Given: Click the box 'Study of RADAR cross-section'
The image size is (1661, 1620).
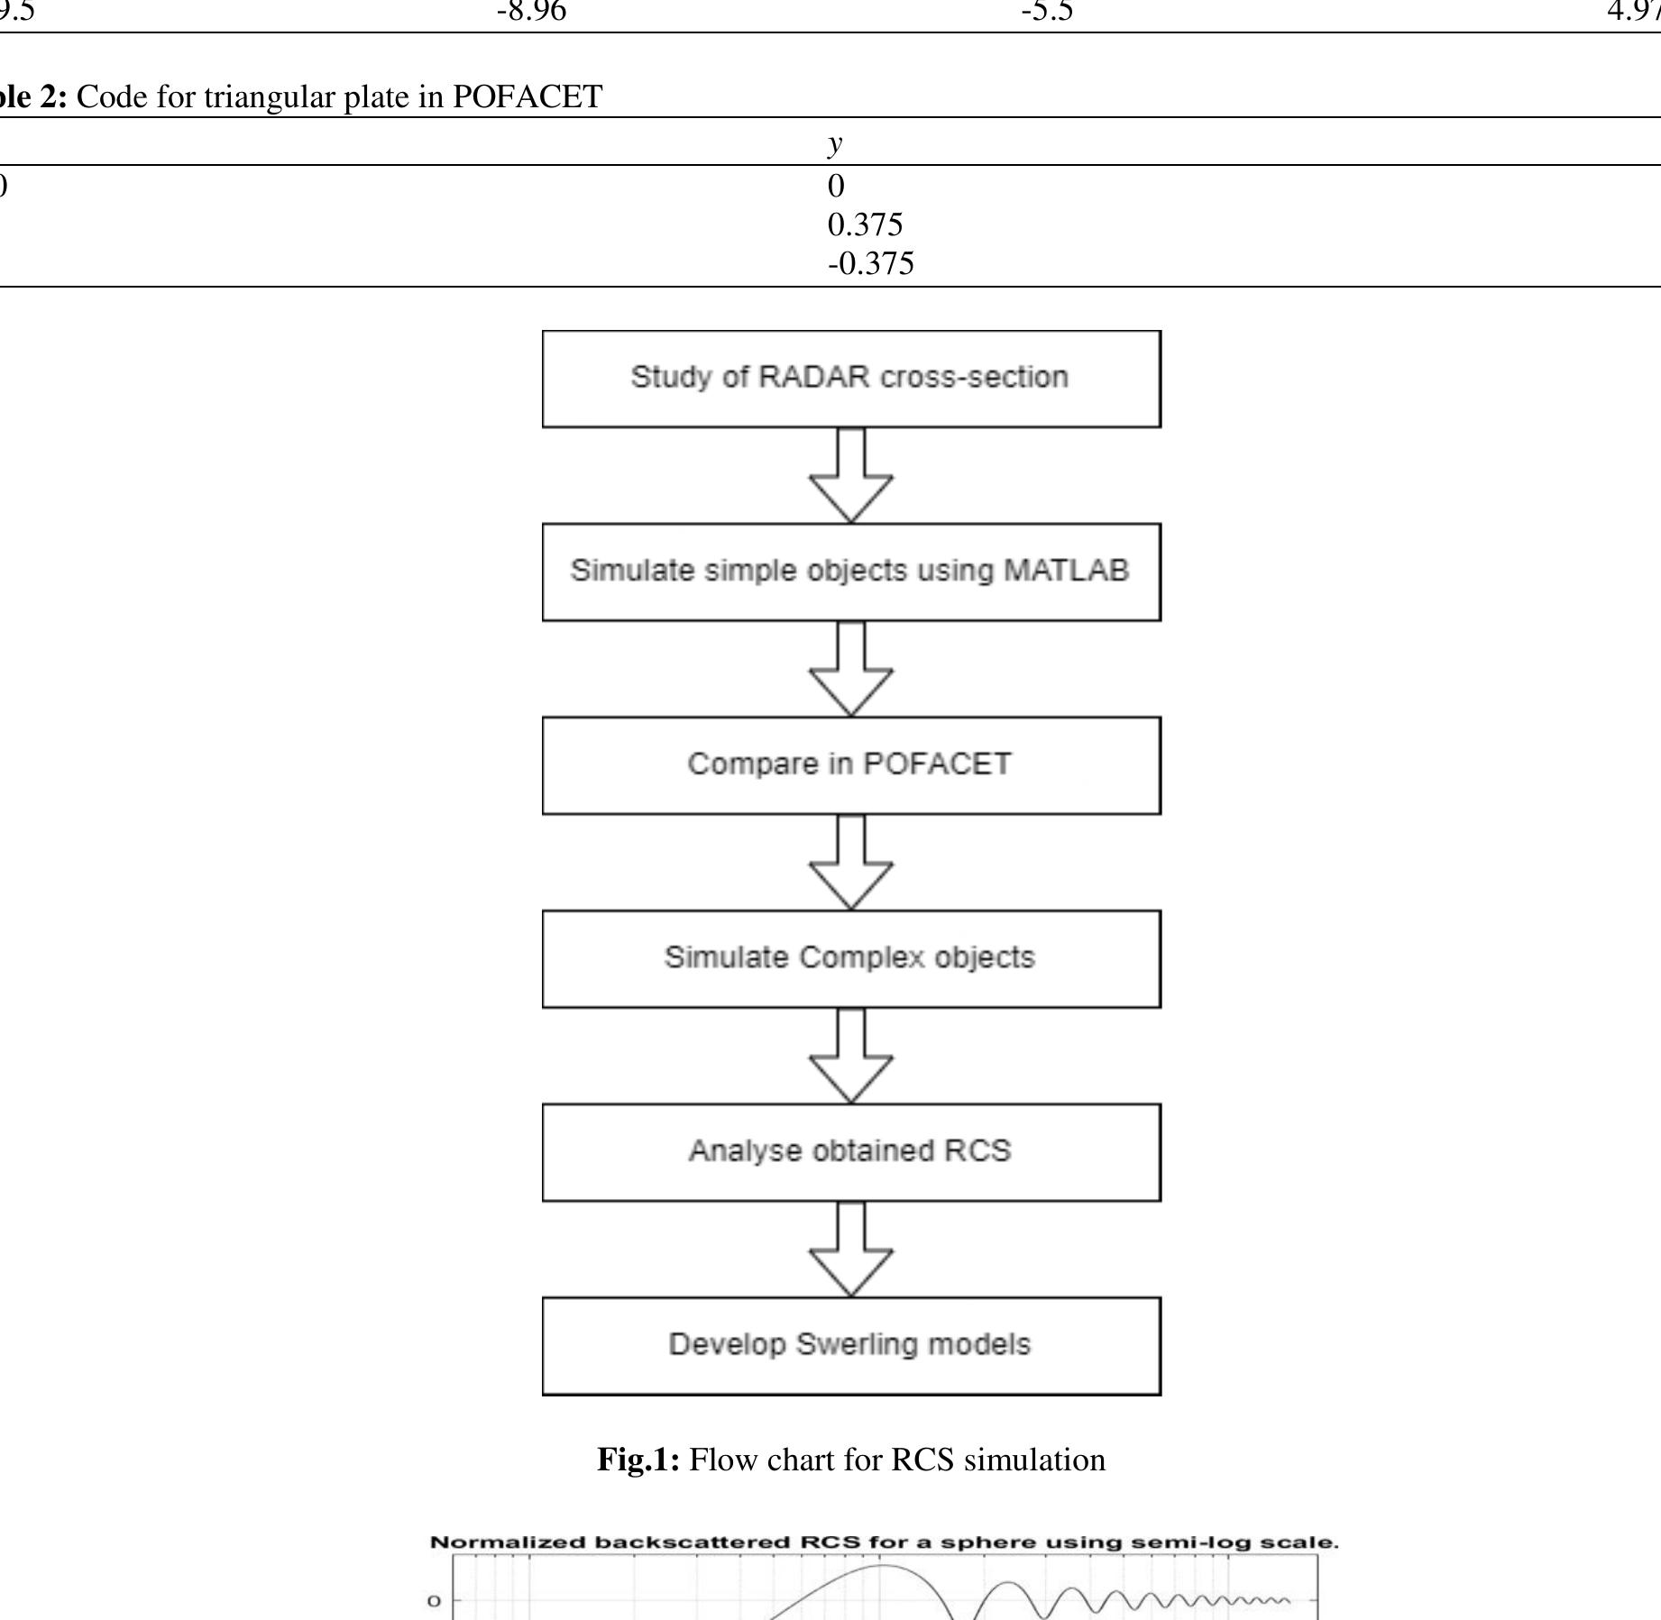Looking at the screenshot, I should point(850,379).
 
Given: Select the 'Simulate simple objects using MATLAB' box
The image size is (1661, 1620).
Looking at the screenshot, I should point(850,572).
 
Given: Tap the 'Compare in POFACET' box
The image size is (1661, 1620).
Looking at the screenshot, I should point(850,765).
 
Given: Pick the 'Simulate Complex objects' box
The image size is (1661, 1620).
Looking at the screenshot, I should point(850,958).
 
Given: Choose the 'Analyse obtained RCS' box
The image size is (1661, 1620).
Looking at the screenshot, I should point(850,1152).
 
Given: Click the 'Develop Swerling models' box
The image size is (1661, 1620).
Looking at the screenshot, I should point(850,1346).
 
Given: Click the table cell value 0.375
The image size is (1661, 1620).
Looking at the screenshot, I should point(865,224).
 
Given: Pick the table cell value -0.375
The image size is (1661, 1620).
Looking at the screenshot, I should point(870,263).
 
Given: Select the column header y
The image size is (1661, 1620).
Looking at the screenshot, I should point(835,142).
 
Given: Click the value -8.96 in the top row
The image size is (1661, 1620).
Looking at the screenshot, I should point(531,11).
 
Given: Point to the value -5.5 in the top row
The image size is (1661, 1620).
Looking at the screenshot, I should point(1047,11).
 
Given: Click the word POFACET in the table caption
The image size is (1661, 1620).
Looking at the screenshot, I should point(527,96).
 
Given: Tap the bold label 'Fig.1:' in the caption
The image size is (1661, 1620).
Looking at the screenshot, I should point(638,1459).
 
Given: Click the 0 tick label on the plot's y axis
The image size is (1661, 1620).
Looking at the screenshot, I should point(434,1601).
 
